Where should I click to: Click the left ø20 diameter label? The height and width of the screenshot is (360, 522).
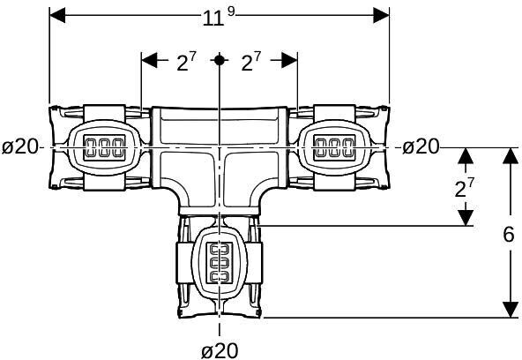[20, 146]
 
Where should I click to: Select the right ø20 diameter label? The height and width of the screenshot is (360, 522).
[421, 146]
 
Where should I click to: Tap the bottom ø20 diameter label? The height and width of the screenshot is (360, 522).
[220, 350]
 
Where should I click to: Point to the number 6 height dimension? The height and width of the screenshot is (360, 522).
[509, 235]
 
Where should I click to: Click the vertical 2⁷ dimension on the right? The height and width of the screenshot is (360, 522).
[464, 187]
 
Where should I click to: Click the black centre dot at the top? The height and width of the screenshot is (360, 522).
[219, 60]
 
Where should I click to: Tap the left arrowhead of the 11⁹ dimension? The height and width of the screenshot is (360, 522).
[57, 15]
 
